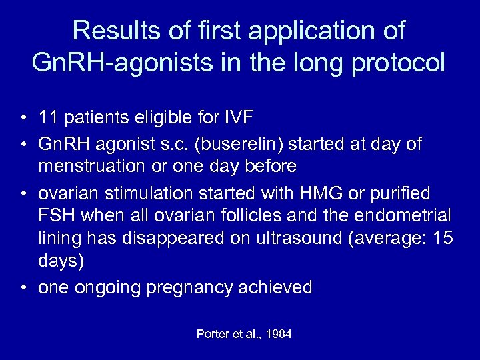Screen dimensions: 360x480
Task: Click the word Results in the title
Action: (x=115, y=31)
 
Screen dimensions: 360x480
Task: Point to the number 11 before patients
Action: (x=47, y=119)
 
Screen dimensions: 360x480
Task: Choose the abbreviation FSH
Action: (x=55, y=216)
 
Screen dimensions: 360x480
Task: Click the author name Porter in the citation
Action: (x=212, y=334)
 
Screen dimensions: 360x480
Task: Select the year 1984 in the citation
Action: (x=278, y=334)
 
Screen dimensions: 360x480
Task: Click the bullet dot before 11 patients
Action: (x=23, y=119)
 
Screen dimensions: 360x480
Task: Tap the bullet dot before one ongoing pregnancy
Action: (x=23, y=287)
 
